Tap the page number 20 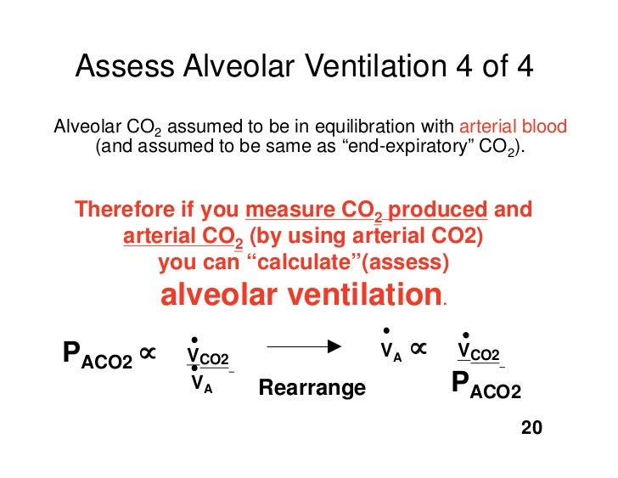[x=531, y=427]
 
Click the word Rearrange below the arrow [x=312, y=388]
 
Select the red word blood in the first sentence [x=544, y=128]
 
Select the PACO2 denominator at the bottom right [x=486, y=386]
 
